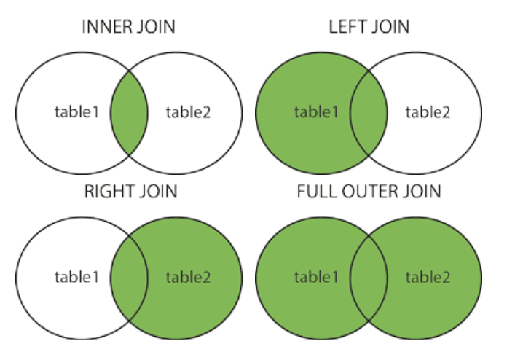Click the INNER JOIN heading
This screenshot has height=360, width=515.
(x=128, y=27)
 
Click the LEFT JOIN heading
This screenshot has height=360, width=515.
(x=369, y=27)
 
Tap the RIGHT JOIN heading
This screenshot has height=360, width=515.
(x=130, y=191)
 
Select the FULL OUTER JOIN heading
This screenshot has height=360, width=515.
(x=369, y=191)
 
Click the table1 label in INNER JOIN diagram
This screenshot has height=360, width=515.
(x=77, y=111)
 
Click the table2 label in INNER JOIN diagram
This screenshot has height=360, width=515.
(x=188, y=112)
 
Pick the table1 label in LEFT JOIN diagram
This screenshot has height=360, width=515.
(x=316, y=111)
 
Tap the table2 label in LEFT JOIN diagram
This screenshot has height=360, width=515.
(x=428, y=112)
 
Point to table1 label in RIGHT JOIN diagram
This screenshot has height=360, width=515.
(x=77, y=277)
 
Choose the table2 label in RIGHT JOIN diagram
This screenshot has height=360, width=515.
(x=188, y=277)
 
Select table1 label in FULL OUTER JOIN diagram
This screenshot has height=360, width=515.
(x=316, y=277)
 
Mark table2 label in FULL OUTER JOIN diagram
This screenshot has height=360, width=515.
(x=428, y=277)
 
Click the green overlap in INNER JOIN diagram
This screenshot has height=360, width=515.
(x=129, y=113)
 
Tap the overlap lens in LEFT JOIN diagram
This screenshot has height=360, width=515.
(x=369, y=113)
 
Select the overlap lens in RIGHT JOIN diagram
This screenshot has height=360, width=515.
(x=129, y=278)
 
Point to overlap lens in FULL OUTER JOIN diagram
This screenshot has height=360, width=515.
(x=369, y=278)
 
